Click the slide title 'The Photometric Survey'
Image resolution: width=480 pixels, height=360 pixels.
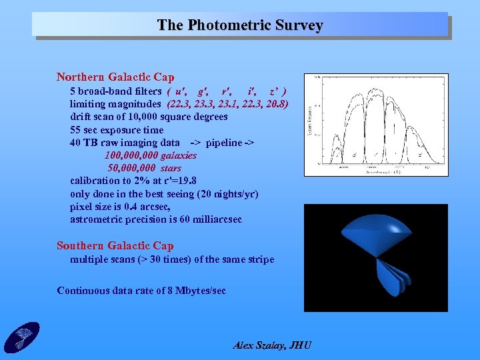click(x=240, y=25)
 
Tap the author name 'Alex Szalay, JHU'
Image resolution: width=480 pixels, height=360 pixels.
click(x=272, y=345)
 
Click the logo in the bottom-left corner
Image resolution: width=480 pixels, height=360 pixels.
click(x=21, y=337)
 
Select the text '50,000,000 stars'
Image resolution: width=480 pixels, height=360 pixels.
click(x=144, y=168)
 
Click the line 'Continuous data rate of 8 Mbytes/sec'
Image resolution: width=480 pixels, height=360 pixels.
click(x=141, y=291)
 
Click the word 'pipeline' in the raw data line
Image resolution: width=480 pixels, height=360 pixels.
click(x=225, y=143)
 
